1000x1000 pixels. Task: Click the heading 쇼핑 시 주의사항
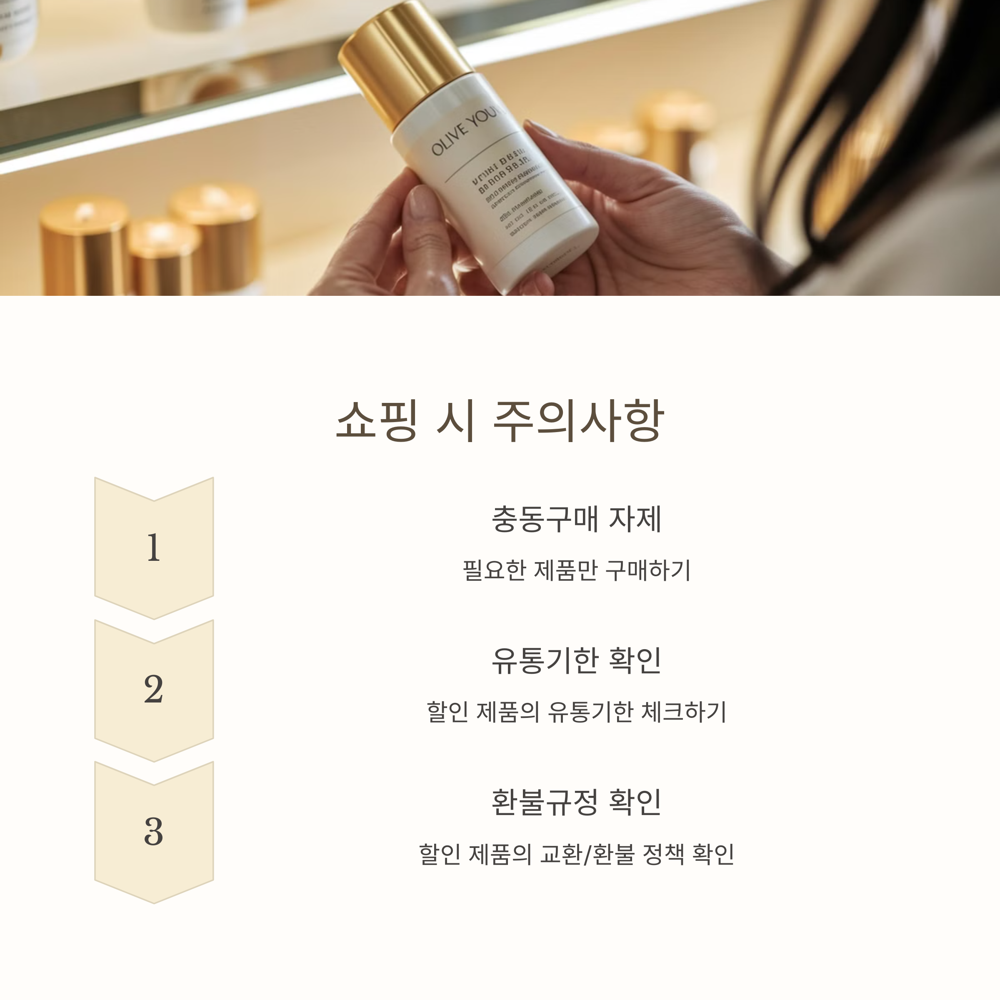(x=500, y=420)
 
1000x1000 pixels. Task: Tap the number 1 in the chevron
(x=153, y=547)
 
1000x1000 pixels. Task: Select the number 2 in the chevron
(x=153, y=690)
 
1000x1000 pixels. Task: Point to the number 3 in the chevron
(x=153, y=832)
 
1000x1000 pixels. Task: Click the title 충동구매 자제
(x=576, y=519)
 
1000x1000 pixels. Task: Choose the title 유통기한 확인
(x=576, y=661)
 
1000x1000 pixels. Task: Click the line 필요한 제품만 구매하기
(x=576, y=570)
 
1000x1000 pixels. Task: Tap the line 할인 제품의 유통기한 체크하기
(x=576, y=712)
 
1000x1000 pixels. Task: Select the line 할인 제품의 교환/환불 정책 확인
(x=576, y=854)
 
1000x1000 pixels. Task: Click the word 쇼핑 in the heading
(x=376, y=420)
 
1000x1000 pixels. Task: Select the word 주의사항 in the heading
(x=578, y=420)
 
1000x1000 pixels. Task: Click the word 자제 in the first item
(x=635, y=519)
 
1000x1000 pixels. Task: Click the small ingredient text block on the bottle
(x=517, y=202)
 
